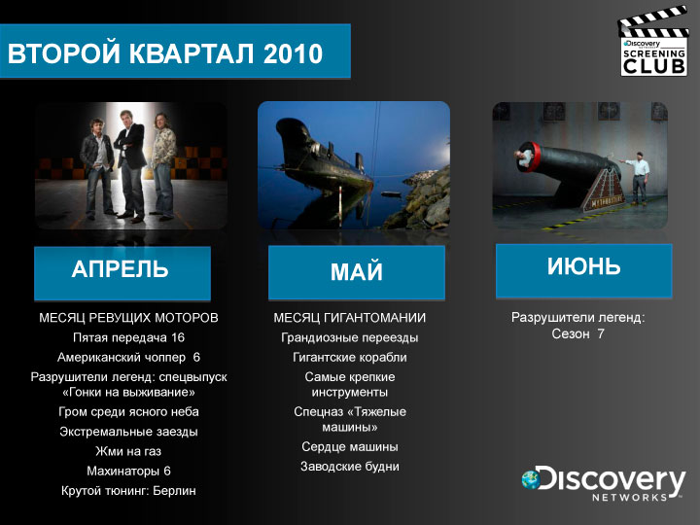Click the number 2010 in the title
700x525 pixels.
coord(293,53)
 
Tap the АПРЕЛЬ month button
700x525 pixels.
coord(122,273)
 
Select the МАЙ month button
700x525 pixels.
coord(357,272)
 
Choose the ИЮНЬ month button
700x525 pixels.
coord(584,270)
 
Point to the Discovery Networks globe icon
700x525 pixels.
coord(531,479)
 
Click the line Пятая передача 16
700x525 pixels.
coord(128,337)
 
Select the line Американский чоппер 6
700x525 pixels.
coord(128,357)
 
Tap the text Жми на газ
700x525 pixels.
coord(128,451)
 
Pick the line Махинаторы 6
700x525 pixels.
coord(128,471)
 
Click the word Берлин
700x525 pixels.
coord(174,491)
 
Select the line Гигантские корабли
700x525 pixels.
coord(350,357)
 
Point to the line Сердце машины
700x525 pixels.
coord(350,446)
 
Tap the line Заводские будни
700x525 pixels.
coord(350,466)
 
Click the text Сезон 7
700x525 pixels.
coord(577,333)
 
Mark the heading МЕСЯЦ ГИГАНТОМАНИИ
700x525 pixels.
coord(350,318)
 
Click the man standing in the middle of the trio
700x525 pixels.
coord(129,166)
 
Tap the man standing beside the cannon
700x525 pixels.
coord(638,178)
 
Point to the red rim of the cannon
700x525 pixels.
coord(533,157)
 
